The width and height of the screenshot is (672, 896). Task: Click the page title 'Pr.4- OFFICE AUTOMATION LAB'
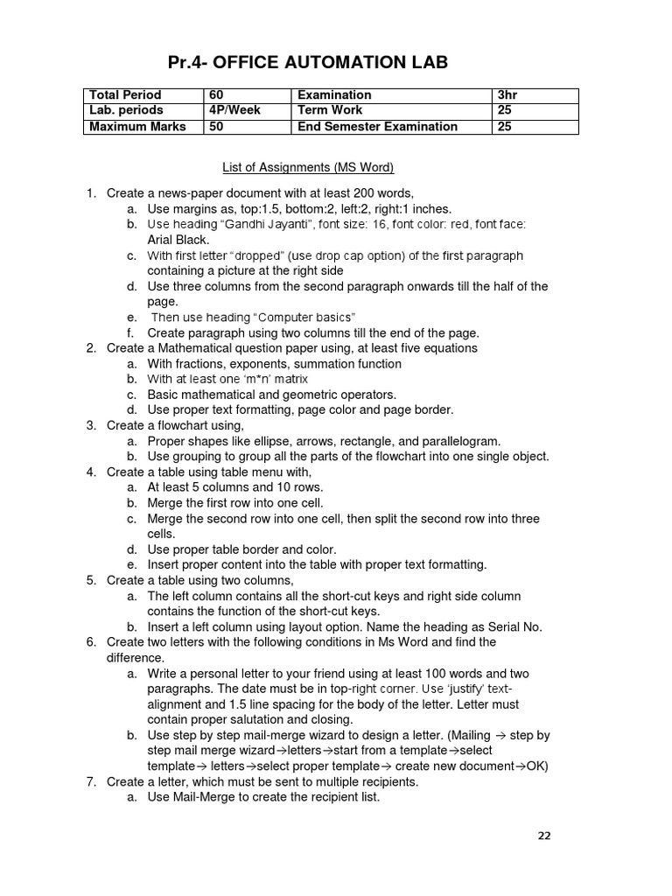307,62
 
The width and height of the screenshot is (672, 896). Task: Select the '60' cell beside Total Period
217,94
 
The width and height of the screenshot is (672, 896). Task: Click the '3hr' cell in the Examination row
507,94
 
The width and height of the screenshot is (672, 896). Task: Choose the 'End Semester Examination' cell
377,126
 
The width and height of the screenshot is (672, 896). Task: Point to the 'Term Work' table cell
330,110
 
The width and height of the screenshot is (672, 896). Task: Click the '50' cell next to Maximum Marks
217,126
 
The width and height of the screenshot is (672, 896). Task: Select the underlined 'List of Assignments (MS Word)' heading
307,167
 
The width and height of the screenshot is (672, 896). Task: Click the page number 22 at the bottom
544,836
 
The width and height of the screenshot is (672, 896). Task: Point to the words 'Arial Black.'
178,240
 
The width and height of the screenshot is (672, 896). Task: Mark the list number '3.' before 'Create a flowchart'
91,425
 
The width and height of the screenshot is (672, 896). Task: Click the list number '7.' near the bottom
91,781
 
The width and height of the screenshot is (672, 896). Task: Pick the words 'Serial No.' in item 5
514,626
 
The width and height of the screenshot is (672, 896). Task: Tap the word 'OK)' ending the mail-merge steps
533,766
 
